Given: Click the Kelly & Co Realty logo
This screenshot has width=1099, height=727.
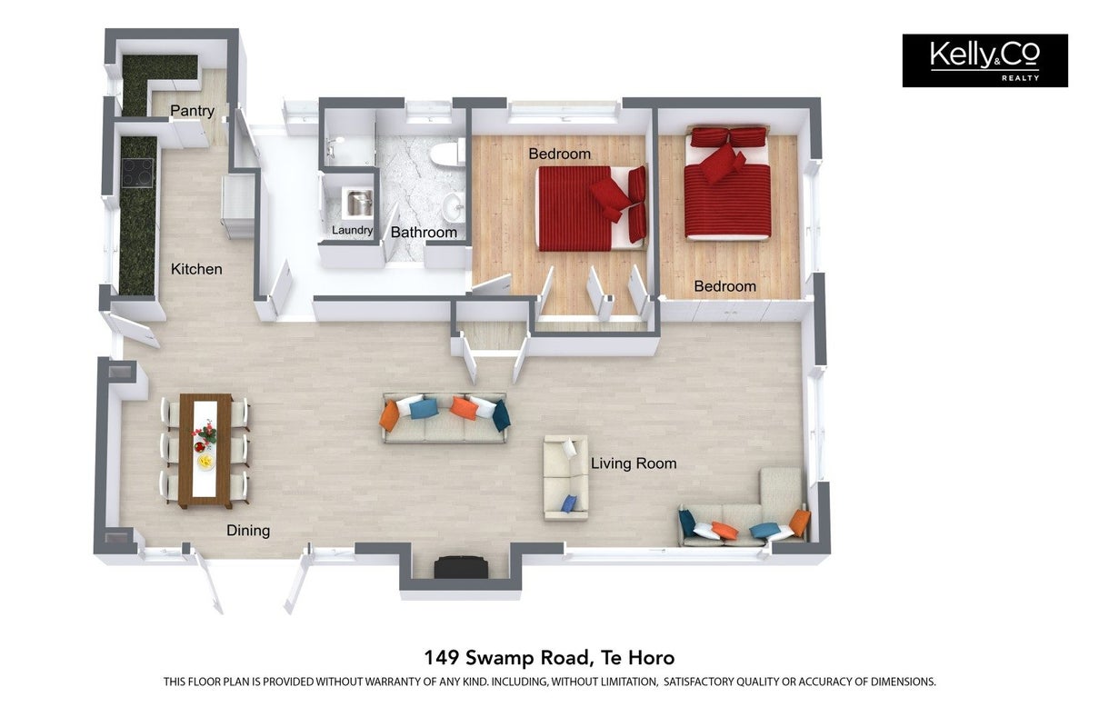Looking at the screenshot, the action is pos(984,61).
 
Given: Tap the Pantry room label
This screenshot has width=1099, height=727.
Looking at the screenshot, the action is pos(193,111).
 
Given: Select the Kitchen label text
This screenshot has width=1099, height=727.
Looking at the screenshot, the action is pos(196,269).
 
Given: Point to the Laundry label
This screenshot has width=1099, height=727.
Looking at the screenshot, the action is pos(353,230).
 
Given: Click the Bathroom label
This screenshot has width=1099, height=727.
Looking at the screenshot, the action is pos(424,232).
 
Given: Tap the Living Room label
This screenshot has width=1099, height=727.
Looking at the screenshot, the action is pos(634,463).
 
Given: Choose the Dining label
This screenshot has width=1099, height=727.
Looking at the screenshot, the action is pos(248,531).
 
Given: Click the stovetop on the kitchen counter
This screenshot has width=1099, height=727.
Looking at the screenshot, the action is pos(138,173).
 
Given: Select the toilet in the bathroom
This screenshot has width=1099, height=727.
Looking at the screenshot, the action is pos(447,152).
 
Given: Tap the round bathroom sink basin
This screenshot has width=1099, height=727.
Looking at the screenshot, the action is pos(453,207).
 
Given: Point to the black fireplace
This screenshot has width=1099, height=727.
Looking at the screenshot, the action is pos(461,567).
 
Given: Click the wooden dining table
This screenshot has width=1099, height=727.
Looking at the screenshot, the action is pos(205,451).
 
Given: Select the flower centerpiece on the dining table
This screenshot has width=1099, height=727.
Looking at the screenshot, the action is pos(205,433).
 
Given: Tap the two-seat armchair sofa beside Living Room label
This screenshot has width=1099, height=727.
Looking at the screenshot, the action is pos(565,477).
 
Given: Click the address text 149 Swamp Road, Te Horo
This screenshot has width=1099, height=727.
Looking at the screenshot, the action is pos(549,657).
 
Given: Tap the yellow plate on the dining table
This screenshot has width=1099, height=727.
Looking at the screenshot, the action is pos(205,461).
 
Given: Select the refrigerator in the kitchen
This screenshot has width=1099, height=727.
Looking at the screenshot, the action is pos(238,206).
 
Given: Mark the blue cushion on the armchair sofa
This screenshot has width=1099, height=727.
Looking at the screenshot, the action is pos(568,503).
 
